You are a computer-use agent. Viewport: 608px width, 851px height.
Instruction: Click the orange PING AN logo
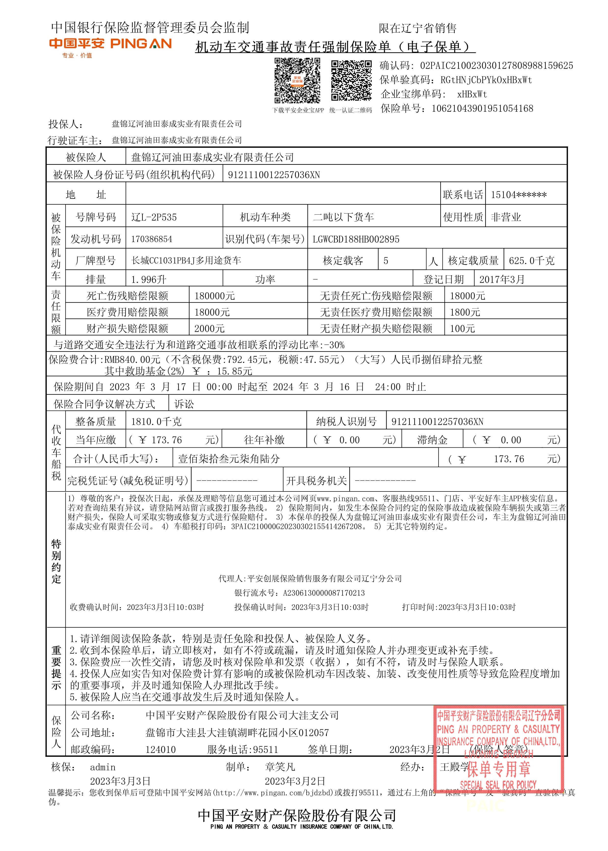[x=110, y=44]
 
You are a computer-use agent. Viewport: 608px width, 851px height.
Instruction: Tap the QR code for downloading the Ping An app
[x=297, y=80]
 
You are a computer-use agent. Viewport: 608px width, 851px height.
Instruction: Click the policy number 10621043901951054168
[x=482, y=109]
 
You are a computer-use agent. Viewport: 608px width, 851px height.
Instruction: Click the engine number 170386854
[x=152, y=239]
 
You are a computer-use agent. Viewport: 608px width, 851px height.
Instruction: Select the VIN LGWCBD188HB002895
[x=356, y=239]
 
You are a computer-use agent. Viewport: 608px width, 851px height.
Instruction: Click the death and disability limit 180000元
[x=215, y=296]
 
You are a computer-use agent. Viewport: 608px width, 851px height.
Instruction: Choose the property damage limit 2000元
[x=209, y=328]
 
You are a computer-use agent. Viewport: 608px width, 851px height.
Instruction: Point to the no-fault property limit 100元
[x=462, y=328]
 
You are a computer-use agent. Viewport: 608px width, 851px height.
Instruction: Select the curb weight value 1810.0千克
[x=156, y=422]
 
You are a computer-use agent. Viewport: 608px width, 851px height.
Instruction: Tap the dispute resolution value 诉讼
[x=184, y=404]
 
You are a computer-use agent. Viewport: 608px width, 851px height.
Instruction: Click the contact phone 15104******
[x=518, y=195]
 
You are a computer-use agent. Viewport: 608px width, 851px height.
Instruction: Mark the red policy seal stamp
[x=498, y=748]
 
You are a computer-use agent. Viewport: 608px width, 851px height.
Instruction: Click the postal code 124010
[x=161, y=749]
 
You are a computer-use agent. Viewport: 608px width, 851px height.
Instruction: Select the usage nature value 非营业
[x=506, y=217]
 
